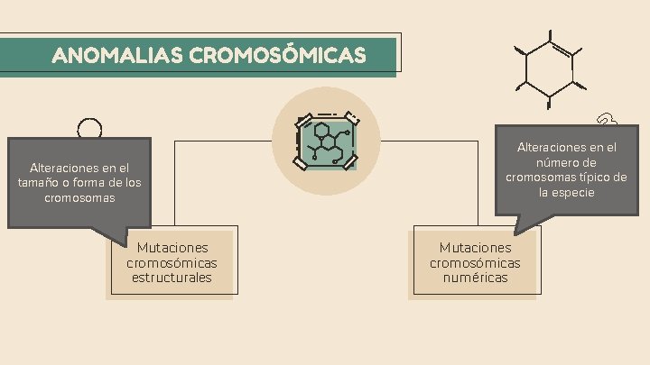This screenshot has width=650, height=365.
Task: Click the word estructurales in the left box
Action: point(172,278)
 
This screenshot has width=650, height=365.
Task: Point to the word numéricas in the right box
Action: point(475,278)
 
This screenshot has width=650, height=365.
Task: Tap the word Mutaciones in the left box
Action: point(172,247)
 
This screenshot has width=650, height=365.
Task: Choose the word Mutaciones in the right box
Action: point(475,247)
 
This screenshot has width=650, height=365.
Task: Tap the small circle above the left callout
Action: point(89,129)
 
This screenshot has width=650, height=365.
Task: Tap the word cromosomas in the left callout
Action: point(79,197)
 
